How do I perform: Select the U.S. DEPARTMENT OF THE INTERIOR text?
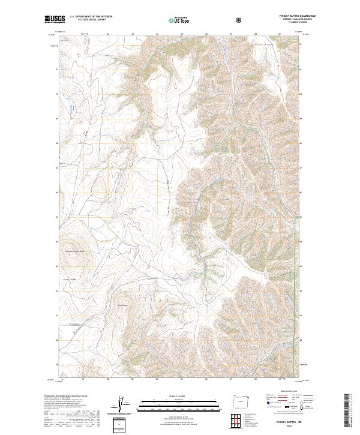click(x=91, y=17)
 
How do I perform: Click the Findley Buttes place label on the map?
click(x=71, y=279)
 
